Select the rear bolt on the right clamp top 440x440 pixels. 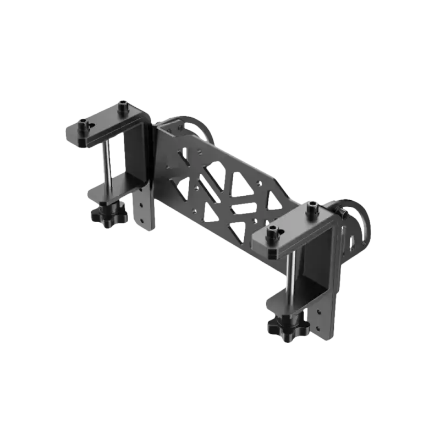[313, 207]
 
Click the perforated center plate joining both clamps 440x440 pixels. [220, 182]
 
